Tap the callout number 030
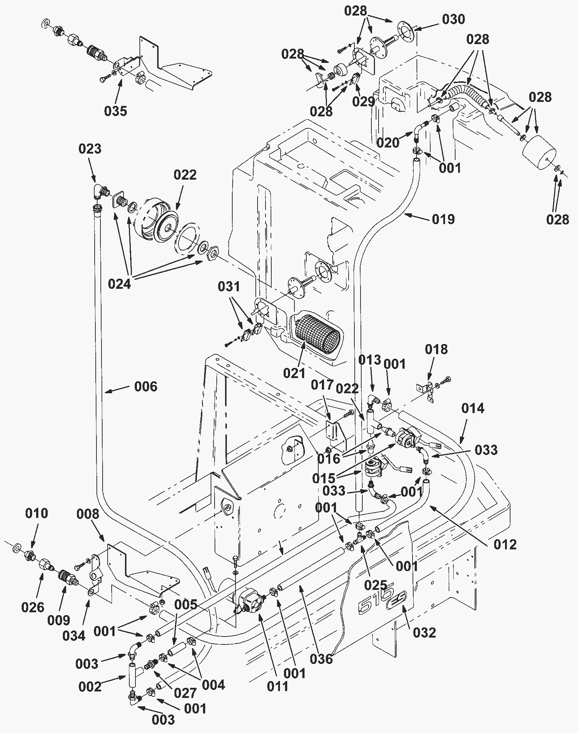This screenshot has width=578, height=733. click(453, 19)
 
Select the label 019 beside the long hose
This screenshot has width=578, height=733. click(443, 219)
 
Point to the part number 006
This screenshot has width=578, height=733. click(146, 387)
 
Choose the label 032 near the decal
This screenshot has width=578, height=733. click(424, 633)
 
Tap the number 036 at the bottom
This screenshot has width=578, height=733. click(321, 659)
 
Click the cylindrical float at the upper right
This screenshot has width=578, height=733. click(539, 153)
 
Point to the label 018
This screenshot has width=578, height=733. click(436, 350)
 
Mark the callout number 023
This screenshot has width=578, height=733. click(90, 149)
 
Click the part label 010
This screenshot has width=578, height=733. click(36, 513)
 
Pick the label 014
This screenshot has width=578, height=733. click(473, 408)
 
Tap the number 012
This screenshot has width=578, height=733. click(505, 545)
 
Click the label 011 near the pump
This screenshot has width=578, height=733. click(278, 686)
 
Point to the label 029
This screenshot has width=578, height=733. click(364, 102)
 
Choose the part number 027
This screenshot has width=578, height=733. click(185, 693)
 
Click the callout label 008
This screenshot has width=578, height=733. click(88, 514)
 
